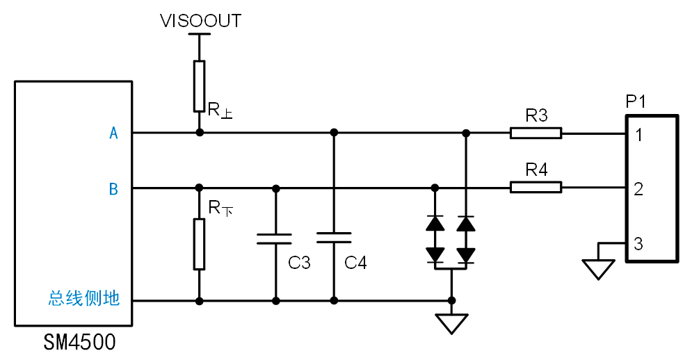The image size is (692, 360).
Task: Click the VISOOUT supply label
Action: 200,21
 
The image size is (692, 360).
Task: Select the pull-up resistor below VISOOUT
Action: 200,86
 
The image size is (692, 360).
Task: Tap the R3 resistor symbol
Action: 536,133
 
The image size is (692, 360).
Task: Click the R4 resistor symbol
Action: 536,187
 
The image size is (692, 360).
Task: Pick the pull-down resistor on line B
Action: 200,244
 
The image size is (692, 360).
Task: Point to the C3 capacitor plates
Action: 275,239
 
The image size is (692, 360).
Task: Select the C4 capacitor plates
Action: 334,238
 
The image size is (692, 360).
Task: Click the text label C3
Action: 299,263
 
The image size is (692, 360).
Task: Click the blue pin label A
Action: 114,133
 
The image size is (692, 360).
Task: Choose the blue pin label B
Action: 113,188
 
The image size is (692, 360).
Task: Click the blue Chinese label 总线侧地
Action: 84,299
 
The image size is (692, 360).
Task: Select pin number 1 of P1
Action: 638,134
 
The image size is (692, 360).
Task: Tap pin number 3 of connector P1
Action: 638,244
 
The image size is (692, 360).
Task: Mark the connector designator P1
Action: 636,102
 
